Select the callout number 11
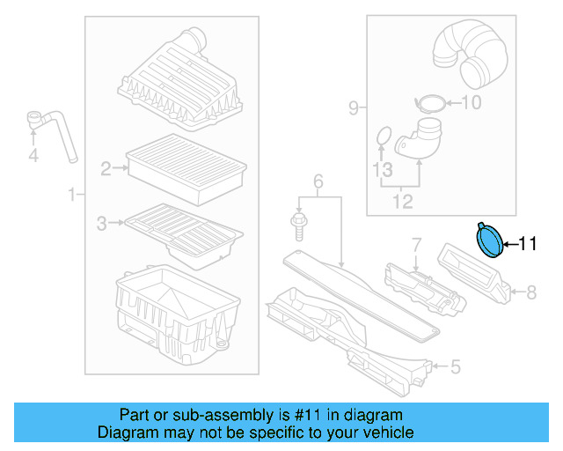point(527,244)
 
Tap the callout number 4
point(33,157)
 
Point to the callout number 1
point(71,194)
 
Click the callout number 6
point(318,181)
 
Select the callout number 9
point(354,108)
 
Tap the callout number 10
point(472,103)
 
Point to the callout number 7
point(416,244)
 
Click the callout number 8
point(530,290)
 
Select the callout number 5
point(455,366)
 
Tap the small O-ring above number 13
point(383,136)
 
